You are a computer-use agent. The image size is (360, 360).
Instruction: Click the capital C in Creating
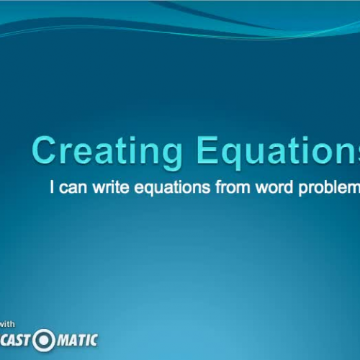coord(45,151)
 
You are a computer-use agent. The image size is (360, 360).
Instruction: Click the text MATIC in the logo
coord(76,339)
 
